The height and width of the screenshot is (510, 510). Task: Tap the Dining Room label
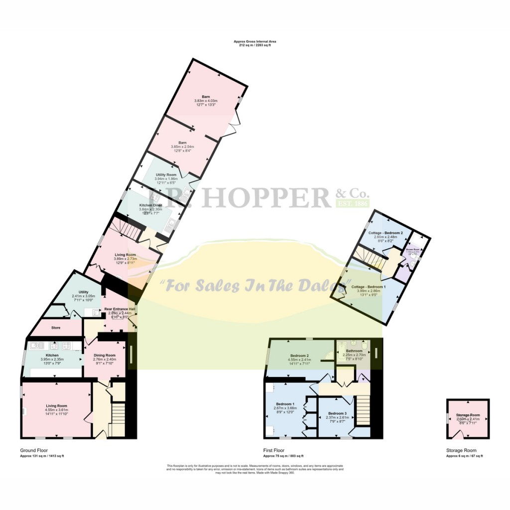tap(105, 355)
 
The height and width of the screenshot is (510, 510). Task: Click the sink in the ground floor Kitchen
tap(36, 345)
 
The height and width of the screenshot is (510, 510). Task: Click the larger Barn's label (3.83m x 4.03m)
tap(206, 97)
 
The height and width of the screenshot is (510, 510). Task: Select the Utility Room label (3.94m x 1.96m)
tap(166, 175)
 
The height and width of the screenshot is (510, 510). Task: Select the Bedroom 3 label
tap(337, 413)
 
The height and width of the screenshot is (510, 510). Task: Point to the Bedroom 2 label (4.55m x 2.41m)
tap(300, 355)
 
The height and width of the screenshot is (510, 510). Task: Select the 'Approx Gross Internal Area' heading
tap(255, 41)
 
